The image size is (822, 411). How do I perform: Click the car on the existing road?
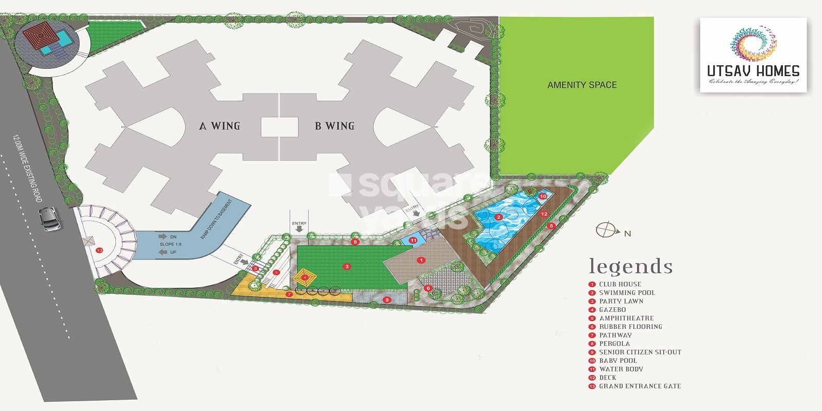pyautogui.click(x=51, y=219)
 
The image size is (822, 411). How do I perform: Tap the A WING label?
pyautogui.click(x=219, y=126)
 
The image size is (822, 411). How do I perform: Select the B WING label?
pyautogui.click(x=334, y=126)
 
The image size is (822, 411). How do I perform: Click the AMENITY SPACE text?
pyautogui.click(x=582, y=85)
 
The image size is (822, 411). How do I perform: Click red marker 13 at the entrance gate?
pyautogui.click(x=99, y=251)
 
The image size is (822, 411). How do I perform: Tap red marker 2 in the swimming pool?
pyautogui.click(x=498, y=217)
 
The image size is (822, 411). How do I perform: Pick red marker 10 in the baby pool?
pyautogui.click(x=543, y=196)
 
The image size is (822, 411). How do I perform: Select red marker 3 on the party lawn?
pyautogui.click(x=347, y=267)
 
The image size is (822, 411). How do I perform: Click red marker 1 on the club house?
pyautogui.click(x=421, y=260)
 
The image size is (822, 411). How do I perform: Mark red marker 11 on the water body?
pyautogui.click(x=413, y=240)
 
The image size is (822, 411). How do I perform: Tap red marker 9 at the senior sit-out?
pyautogui.click(x=387, y=300)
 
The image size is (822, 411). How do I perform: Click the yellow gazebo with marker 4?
pyautogui.click(x=305, y=277)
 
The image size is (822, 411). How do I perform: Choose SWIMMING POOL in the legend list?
pyautogui.click(x=627, y=293)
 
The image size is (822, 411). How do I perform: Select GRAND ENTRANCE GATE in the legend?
pyautogui.click(x=640, y=386)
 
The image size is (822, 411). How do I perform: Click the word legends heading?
pyautogui.click(x=630, y=266)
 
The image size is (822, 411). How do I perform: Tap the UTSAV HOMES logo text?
pyautogui.click(x=753, y=71)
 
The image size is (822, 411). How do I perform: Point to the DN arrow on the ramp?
pyautogui.click(x=163, y=237)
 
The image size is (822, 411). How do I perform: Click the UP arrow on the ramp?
pyautogui.click(x=163, y=252)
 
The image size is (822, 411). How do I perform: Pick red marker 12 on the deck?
pyautogui.click(x=544, y=214)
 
